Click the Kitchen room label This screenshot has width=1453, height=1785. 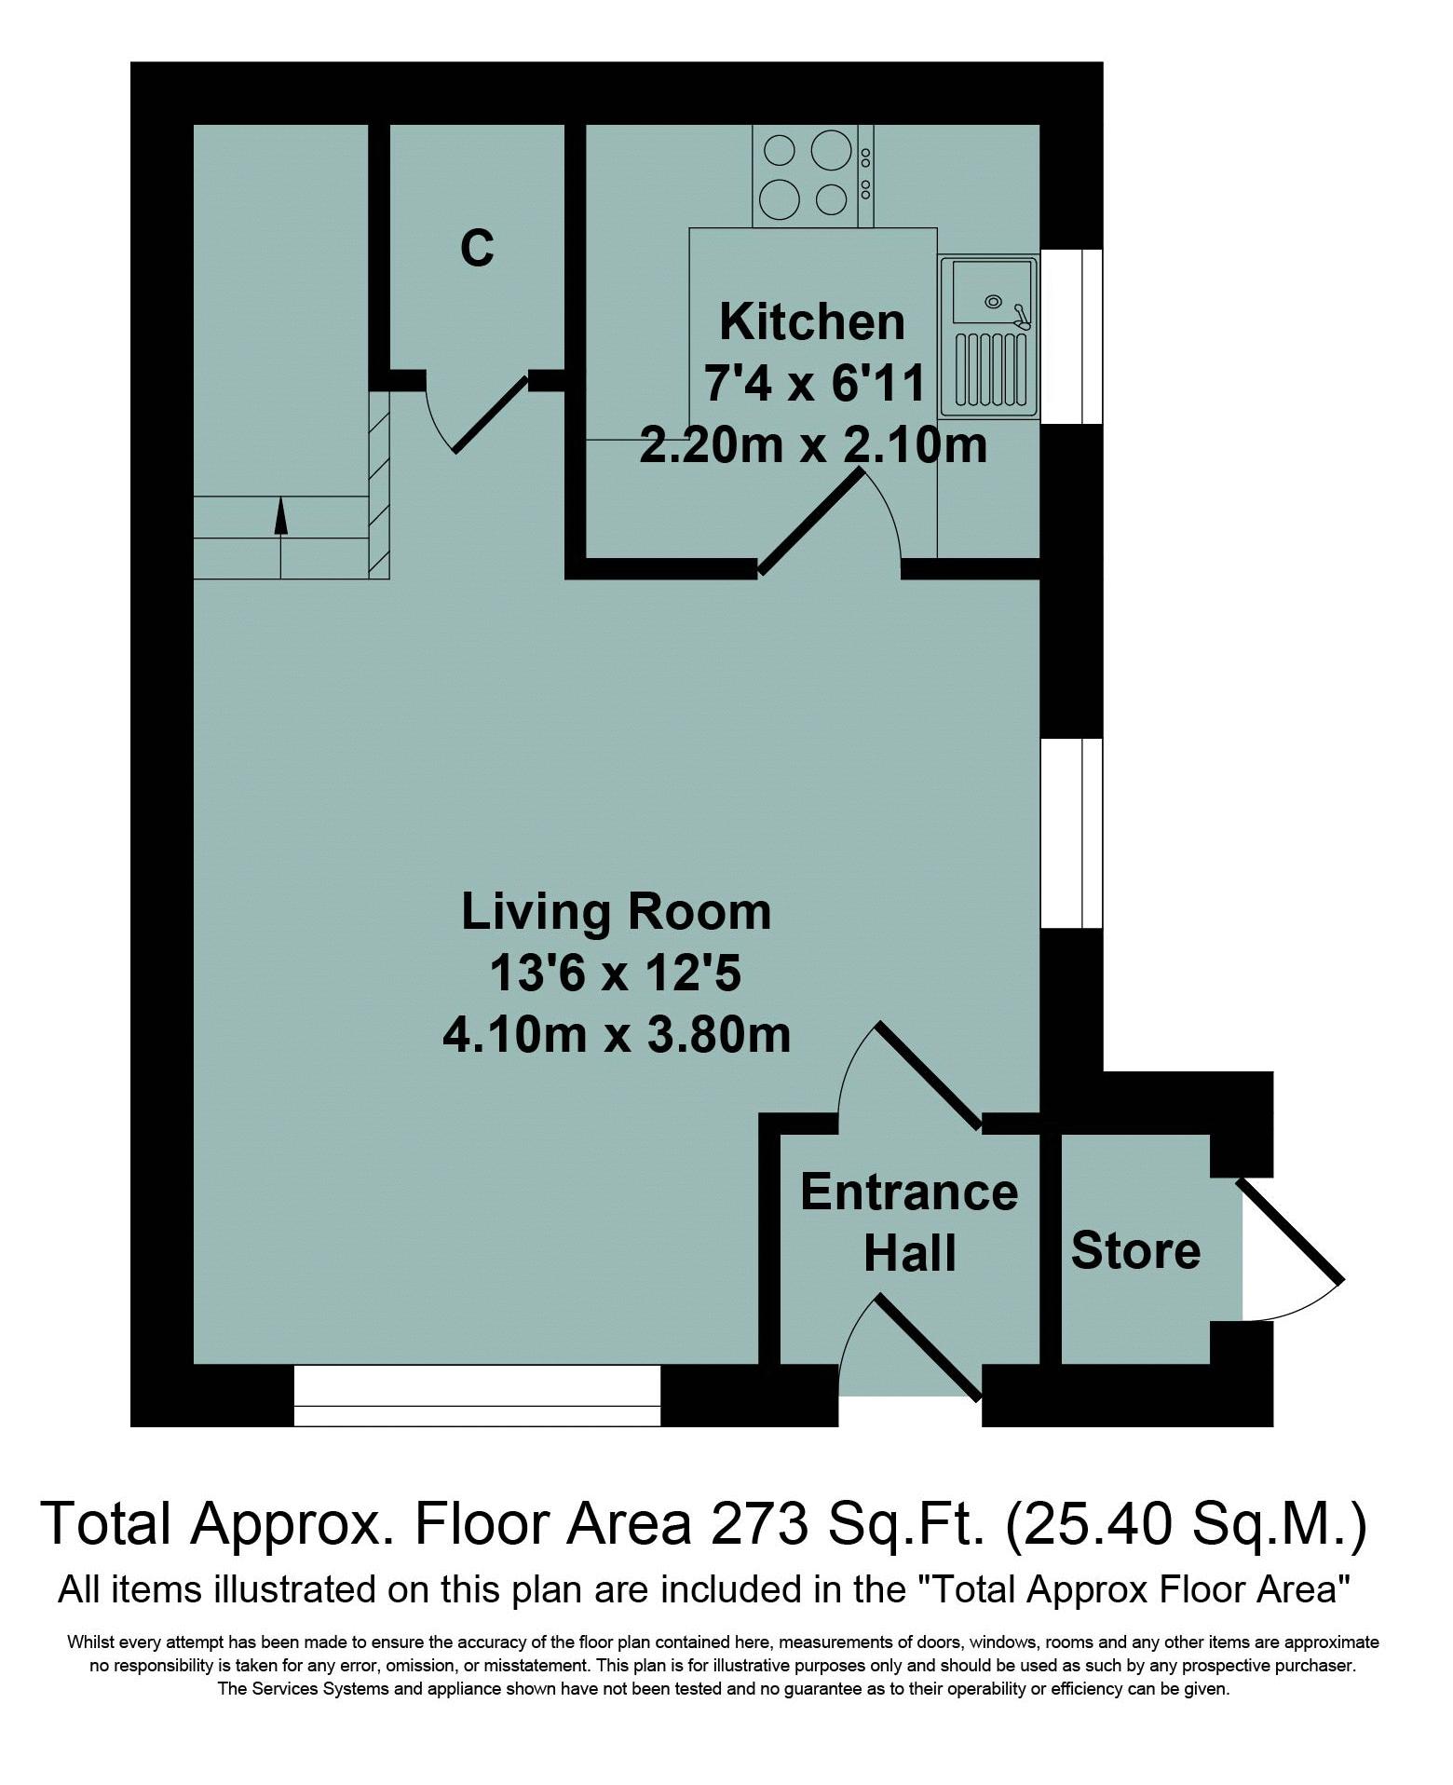click(812, 322)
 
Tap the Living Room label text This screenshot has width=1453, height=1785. click(617, 911)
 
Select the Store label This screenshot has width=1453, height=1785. click(1135, 1250)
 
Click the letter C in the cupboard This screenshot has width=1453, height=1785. click(477, 248)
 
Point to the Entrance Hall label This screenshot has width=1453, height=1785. click(909, 1222)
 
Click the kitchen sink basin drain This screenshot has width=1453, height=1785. click(994, 301)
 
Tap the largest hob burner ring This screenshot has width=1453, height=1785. click(832, 149)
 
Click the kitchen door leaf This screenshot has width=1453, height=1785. click(811, 520)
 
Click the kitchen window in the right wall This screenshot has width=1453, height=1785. click(1071, 336)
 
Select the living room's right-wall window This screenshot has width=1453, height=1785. click(1071, 834)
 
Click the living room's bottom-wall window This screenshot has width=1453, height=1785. click(477, 1396)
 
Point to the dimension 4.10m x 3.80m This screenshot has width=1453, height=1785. click(617, 1035)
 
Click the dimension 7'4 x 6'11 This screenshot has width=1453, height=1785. click(814, 384)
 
